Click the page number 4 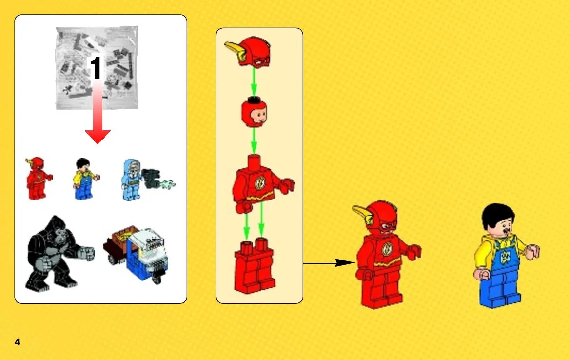pyautogui.click(x=17, y=342)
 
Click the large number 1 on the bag pyautogui.click(x=96, y=68)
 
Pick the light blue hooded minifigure pyautogui.click(x=131, y=180)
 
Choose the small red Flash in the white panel pyautogui.click(x=38, y=178)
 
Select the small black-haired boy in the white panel pyautogui.click(x=85, y=179)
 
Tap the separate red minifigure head pyautogui.click(x=254, y=112)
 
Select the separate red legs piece pyautogui.click(x=255, y=265)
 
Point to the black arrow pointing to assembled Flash pyautogui.click(x=329, y=263)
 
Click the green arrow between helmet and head pyautogui.click(x=254, y=82)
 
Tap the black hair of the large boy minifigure pyautogui.click(x=498, y=215)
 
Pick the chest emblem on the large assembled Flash pyautogui.click(x=387, y=249)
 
